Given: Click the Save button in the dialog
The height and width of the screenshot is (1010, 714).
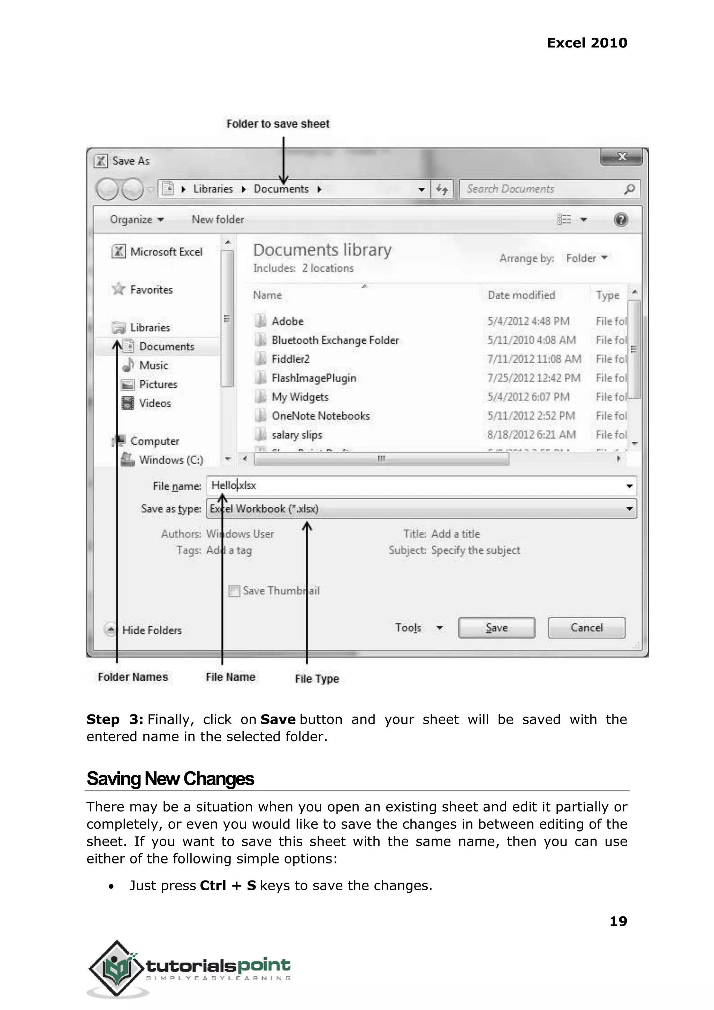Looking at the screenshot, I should tap(496, 627).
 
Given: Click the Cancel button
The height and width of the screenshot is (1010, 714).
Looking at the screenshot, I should tap(586, 627).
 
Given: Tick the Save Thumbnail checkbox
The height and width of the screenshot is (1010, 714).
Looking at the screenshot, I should tap(235, 591).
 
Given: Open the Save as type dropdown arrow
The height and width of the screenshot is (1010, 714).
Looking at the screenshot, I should tap(629, 509).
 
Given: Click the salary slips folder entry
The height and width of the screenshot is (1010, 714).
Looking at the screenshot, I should tap(297, 435).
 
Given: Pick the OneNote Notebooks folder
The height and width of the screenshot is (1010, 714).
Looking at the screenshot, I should tap(320, 416).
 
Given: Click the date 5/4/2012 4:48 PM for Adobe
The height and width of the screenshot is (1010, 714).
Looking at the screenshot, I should tap(528, 321).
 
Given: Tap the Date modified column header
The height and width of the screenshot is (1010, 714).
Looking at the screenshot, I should tap(522, 295).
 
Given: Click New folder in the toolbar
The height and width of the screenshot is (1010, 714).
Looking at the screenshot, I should tap(218, 219).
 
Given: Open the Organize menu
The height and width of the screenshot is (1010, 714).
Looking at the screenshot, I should tap(136, 219).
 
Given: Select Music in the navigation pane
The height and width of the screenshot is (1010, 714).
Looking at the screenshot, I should tap(153, 365).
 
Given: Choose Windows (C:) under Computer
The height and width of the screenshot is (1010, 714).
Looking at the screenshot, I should tap(170, 460).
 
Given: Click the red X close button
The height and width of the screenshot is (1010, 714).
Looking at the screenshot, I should tap(622, 157).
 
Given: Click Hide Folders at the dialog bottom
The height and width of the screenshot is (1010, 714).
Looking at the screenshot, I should tap(151, 630).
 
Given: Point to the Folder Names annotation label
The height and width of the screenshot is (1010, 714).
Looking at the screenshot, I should tap(133, 677).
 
